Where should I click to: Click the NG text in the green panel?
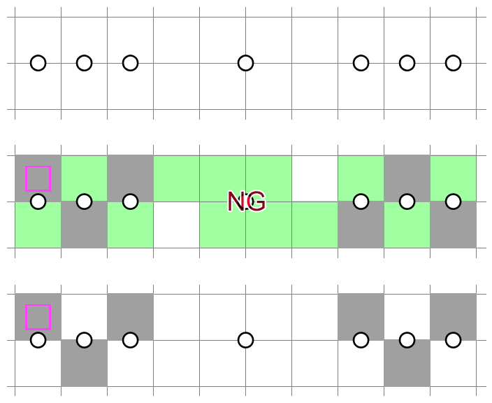[x=246, y=201]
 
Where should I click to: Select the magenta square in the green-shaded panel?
[x=38, y=178]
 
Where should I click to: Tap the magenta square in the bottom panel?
[x=38, y=317]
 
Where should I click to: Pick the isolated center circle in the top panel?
[x=245, y=63]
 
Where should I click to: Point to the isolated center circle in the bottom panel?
[x=245, y=340]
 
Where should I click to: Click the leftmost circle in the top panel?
[x=38, y=63]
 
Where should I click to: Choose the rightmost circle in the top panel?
[x=453, y=63]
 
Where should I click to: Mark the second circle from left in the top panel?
[x=84, y=63]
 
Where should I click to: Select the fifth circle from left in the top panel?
[x=361, y=63]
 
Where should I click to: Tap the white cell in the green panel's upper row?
[x=314, y=178]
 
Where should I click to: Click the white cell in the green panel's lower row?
[x=176, y=225]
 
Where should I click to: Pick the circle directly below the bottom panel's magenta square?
[x=38, y=340]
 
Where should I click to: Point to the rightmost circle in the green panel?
[x=453, y=201]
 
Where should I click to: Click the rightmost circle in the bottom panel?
[x=453, y=340]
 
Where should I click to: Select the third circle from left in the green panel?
[x=130, y=201]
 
